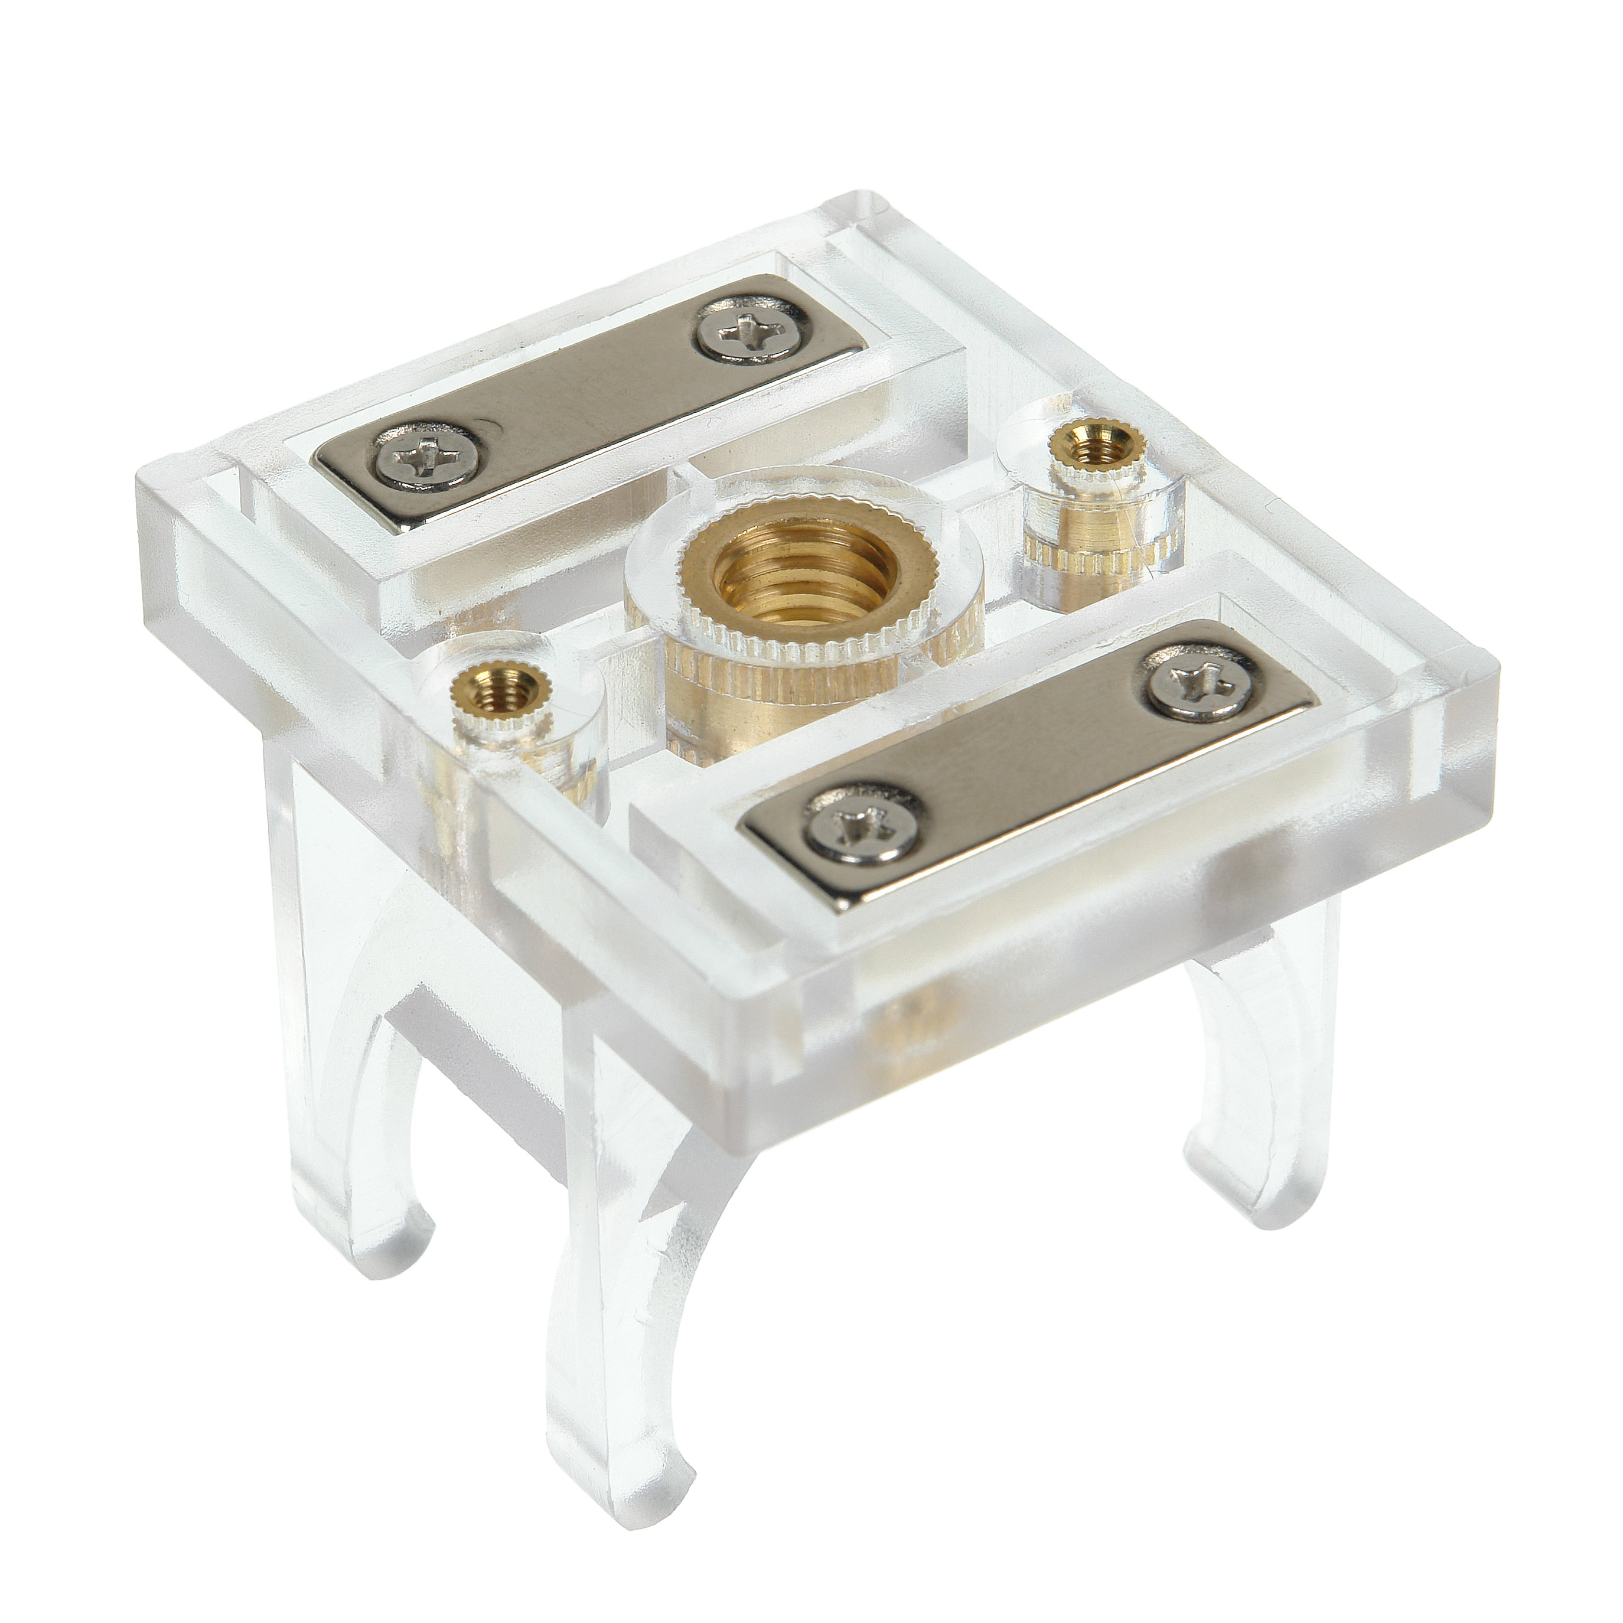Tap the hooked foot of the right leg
tap(1235, 1193)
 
